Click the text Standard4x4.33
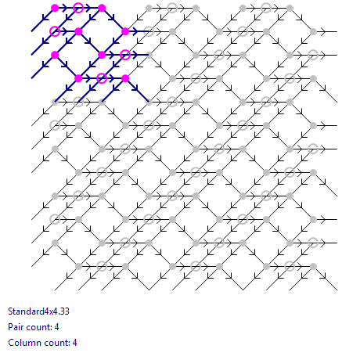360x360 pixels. coord(38,311)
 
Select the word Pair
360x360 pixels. coord(16,327)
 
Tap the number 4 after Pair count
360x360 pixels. coord(57,327)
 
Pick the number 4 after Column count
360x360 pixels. coord(75,343)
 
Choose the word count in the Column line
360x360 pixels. coord(56,343)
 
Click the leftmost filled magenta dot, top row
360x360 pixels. coord(55,8)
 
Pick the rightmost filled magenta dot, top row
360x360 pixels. coord(102,8)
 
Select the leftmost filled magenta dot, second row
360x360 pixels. coord(78,31)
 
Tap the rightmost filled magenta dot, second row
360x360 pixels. coord(125,31)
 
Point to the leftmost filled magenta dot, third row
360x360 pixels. coord(55,55)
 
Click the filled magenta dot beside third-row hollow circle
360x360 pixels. coord(102,55)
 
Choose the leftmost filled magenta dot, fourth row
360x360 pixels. coord(78,78)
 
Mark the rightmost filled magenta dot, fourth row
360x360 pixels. coord(125,78)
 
